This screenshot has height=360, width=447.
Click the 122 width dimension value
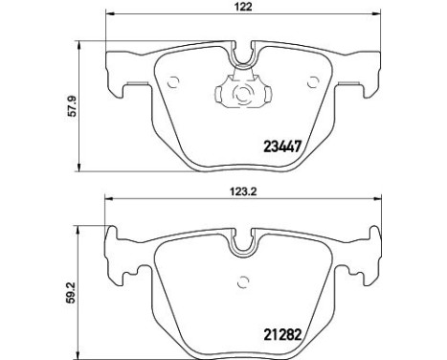244,7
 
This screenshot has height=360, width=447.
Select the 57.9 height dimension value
74,106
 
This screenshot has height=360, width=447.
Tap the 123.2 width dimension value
244,191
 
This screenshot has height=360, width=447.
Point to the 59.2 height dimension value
73,292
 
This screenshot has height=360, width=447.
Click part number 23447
282,147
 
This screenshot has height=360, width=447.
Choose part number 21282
282,335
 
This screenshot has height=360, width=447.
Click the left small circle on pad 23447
174,82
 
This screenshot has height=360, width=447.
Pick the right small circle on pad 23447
313,82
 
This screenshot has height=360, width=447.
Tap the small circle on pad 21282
244,281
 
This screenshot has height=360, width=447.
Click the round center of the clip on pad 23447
244,94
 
